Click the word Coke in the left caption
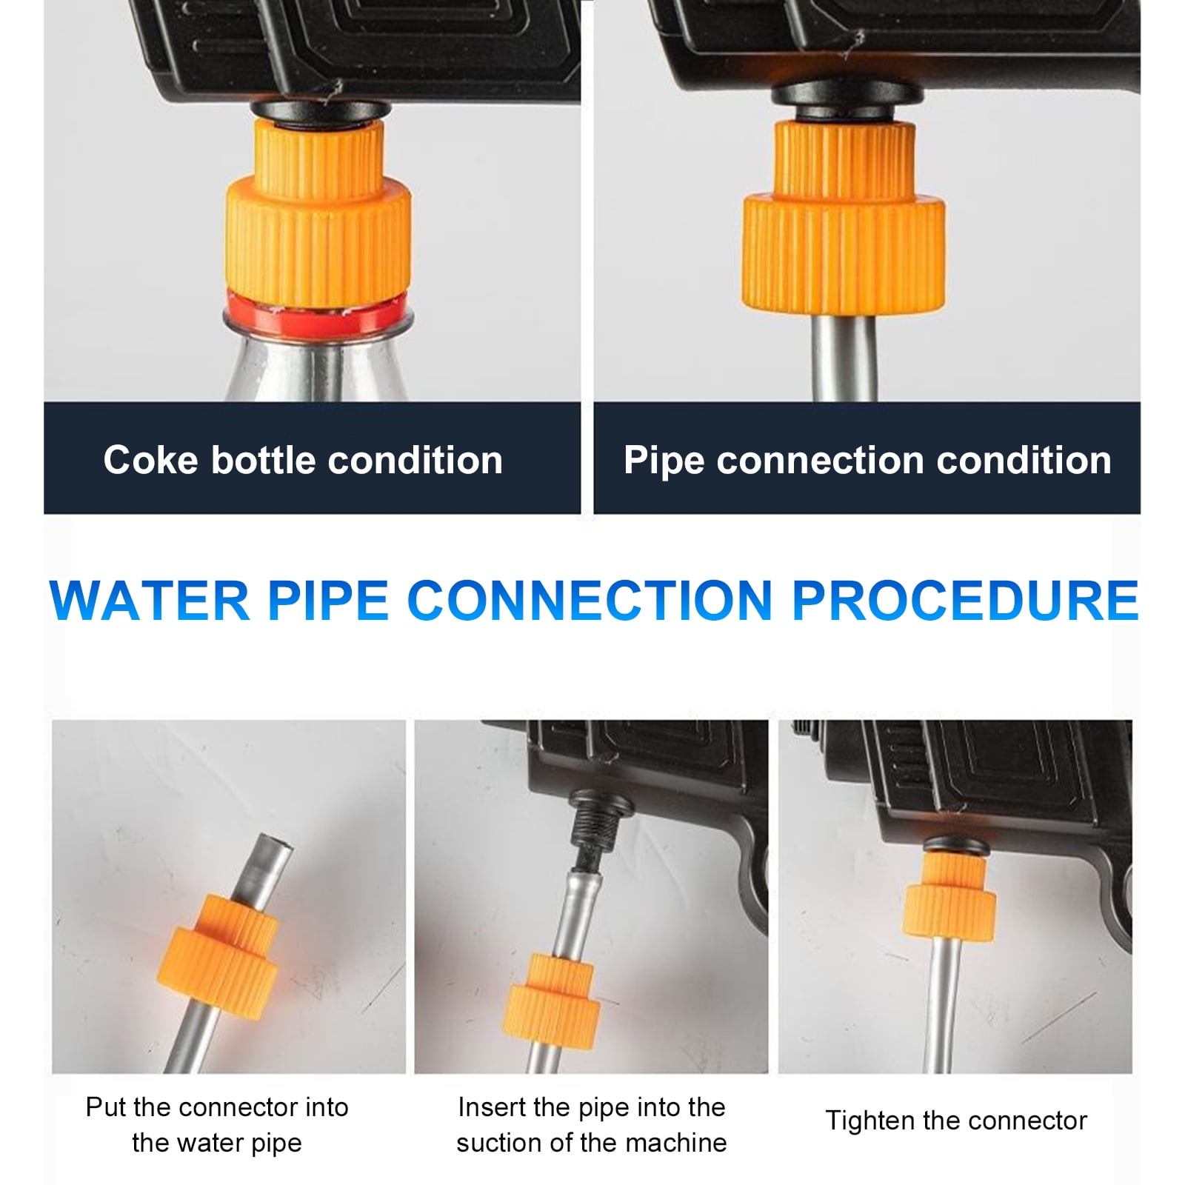point(152,460)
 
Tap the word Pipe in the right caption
point(664,460)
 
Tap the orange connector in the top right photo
point(844,222)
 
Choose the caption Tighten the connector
point(955,1121)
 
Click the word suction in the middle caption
point(504,1143)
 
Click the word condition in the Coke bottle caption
point(415,460)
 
